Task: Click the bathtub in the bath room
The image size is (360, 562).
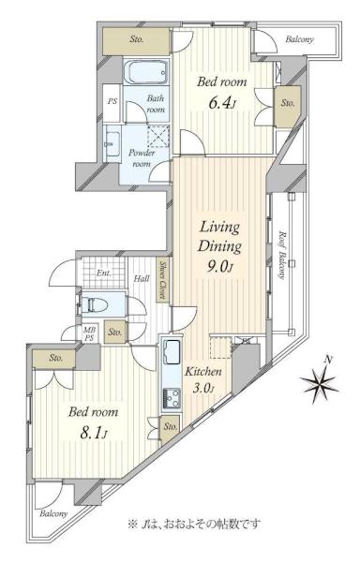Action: [146, 72]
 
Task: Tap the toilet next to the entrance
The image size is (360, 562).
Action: [95, 305]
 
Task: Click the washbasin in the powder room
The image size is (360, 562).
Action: [112, 144]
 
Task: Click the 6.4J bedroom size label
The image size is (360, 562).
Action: [222, 104]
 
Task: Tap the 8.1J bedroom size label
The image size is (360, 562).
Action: [93, 434]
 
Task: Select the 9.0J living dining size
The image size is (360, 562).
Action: [220, 266]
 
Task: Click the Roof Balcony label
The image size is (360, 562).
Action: [283, 255]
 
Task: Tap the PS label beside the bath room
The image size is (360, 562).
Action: [112, 101]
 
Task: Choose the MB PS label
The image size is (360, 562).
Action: [88, 333]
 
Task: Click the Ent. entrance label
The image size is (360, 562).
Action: [104, 274]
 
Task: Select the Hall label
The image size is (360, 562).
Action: [142, 278]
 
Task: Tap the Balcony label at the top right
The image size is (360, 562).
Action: [299, 39]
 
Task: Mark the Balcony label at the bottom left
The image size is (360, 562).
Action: [53, 513]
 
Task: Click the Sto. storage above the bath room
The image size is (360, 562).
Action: [136, 39]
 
